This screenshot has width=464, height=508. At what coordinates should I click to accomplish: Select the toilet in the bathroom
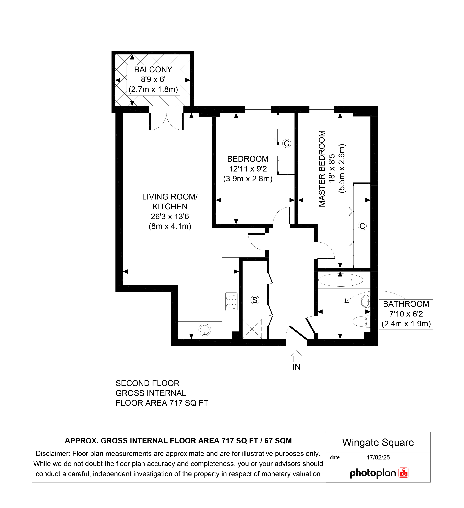(362, 321)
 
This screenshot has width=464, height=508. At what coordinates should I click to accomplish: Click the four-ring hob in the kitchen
(231, 302)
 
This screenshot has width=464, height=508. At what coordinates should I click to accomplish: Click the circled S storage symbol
(255, 300)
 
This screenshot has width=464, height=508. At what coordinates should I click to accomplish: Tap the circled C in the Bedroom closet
(287, 143)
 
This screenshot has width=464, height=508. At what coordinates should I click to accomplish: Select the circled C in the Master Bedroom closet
(362, 226)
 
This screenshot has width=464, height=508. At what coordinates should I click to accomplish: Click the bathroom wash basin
(366, 301)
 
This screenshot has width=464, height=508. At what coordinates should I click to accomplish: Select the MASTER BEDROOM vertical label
(322, 169)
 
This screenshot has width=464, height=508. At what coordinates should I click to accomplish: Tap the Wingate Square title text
(378, 442)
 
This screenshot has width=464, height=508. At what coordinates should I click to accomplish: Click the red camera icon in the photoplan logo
(403, 473)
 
